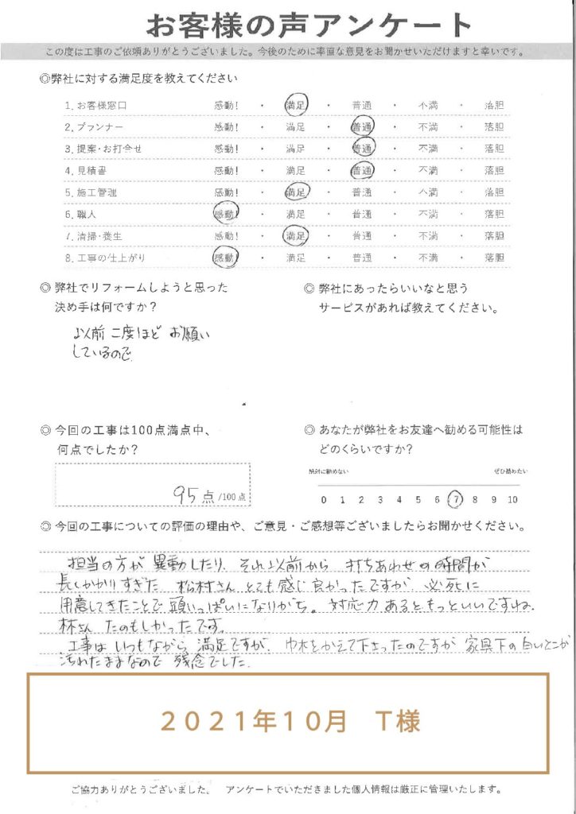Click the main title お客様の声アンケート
tap(287, 25)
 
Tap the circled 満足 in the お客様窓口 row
tap(296, 105)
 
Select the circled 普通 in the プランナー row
tap(363, 126)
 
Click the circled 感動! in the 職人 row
tap(225, 213)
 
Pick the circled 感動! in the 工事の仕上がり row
tap(225, 258)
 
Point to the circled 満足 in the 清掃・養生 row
tap(296, 235)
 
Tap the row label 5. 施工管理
tap(91, 192)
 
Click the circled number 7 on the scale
tap(456, 499)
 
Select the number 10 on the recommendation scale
tap(512, 499)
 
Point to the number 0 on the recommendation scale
tap(323, 499)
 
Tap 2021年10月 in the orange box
tap(254, 722)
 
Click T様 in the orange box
tap(397, 722)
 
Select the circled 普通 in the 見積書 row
tap(363, 170)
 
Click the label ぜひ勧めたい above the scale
tap(504, 472)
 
